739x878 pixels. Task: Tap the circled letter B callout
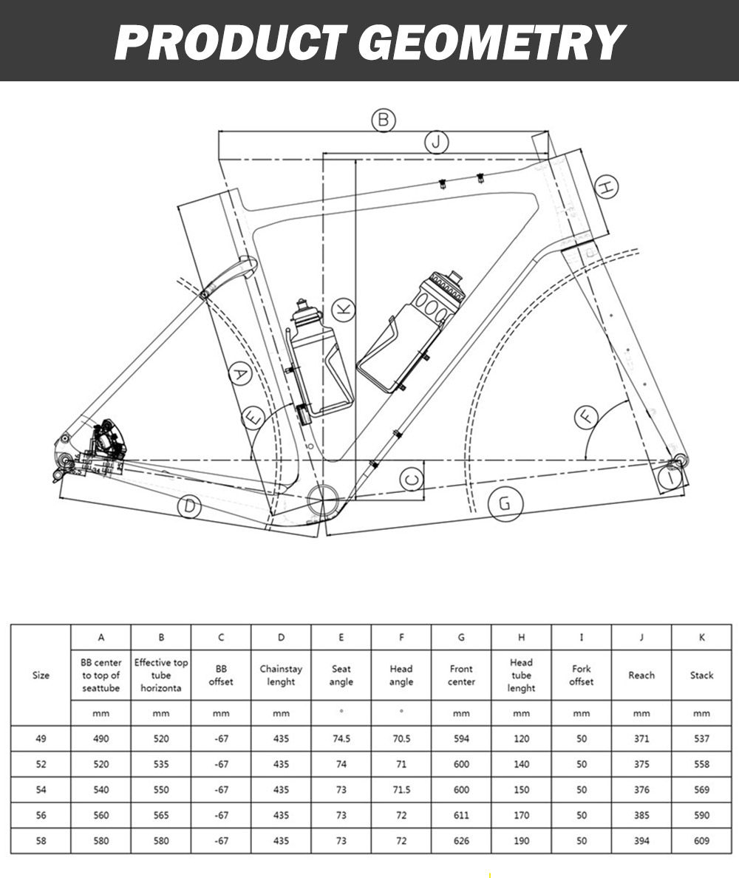pyautogui.click(x=383, y=120)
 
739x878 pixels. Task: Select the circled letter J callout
pyautogui.click(x=437, y=141)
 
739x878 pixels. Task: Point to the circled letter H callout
pyautogui.click(x=606, y=188)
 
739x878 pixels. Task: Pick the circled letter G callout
pyautogui.click(x=505, y=504)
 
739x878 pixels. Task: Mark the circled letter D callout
pyautogui.click(x=191, y=506)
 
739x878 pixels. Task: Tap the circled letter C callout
pyautogui.click(x=413, y=480)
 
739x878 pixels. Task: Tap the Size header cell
pyautogui.click(x=41, y=675)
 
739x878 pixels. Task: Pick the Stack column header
pyautogui.click(x=701, y=675)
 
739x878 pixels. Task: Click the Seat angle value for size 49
pyautogui.click(x=341, y=738)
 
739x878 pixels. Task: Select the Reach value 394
pyautogui.click(x=641, y=840)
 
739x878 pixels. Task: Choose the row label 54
pyautogui.click(x=41, y=789)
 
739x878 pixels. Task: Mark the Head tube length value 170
pyautogui.click(x=521, y=815)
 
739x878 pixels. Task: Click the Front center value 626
pyautogui.click(x=461, y=840)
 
